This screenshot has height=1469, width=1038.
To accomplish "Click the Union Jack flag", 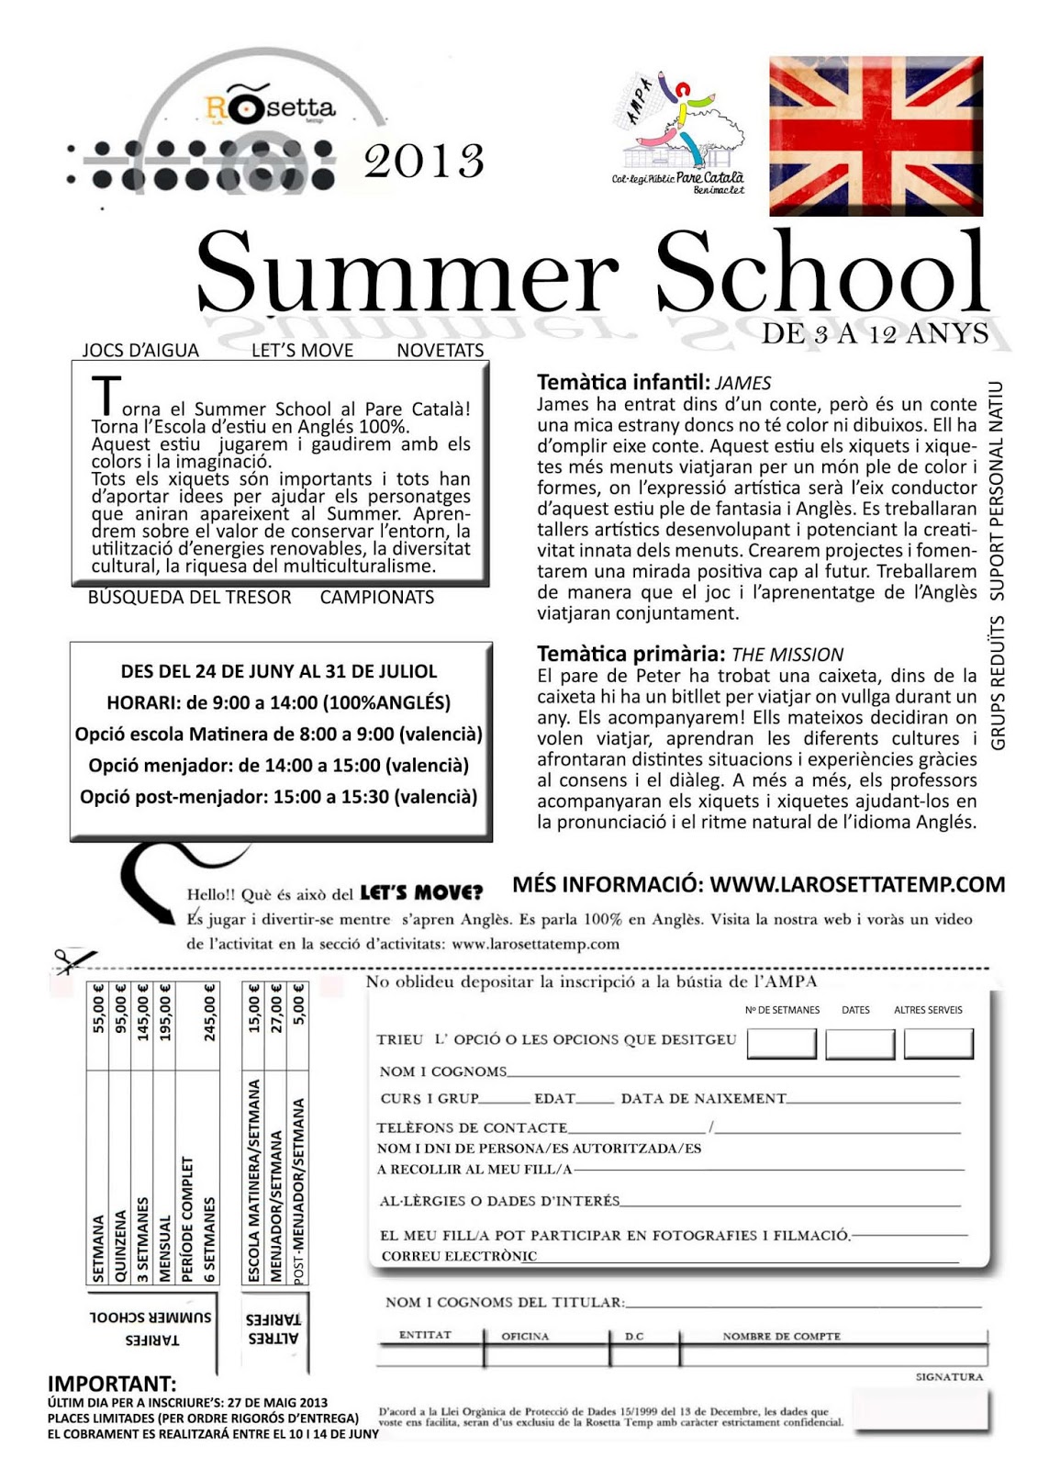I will (x=876, y=136).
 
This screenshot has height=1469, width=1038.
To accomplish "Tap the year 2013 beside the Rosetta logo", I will (x=423, y=162).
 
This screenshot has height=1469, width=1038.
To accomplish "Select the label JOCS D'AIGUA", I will (x=140, y=350).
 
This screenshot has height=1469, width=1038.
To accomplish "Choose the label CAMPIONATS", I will (x=377, y=598).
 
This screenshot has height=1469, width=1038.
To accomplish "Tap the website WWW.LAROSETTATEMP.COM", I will (x=857, y=884).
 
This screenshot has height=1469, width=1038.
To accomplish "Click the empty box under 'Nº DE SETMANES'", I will (x=781, y=1044).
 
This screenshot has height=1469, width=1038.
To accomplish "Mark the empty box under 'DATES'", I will (x=859, y=1044).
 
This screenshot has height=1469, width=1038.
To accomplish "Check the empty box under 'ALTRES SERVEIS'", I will (x=938, y=1044).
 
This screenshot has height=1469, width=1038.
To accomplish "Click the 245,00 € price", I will (x=210, y=1013).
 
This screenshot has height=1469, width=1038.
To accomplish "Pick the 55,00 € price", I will (x=98, y=1009).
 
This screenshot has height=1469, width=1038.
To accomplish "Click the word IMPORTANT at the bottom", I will (x=111, y=1384).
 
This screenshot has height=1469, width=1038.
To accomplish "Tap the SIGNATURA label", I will (x=949, y=1377).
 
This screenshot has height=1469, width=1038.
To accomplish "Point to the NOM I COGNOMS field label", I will (x=442, y=1071).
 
